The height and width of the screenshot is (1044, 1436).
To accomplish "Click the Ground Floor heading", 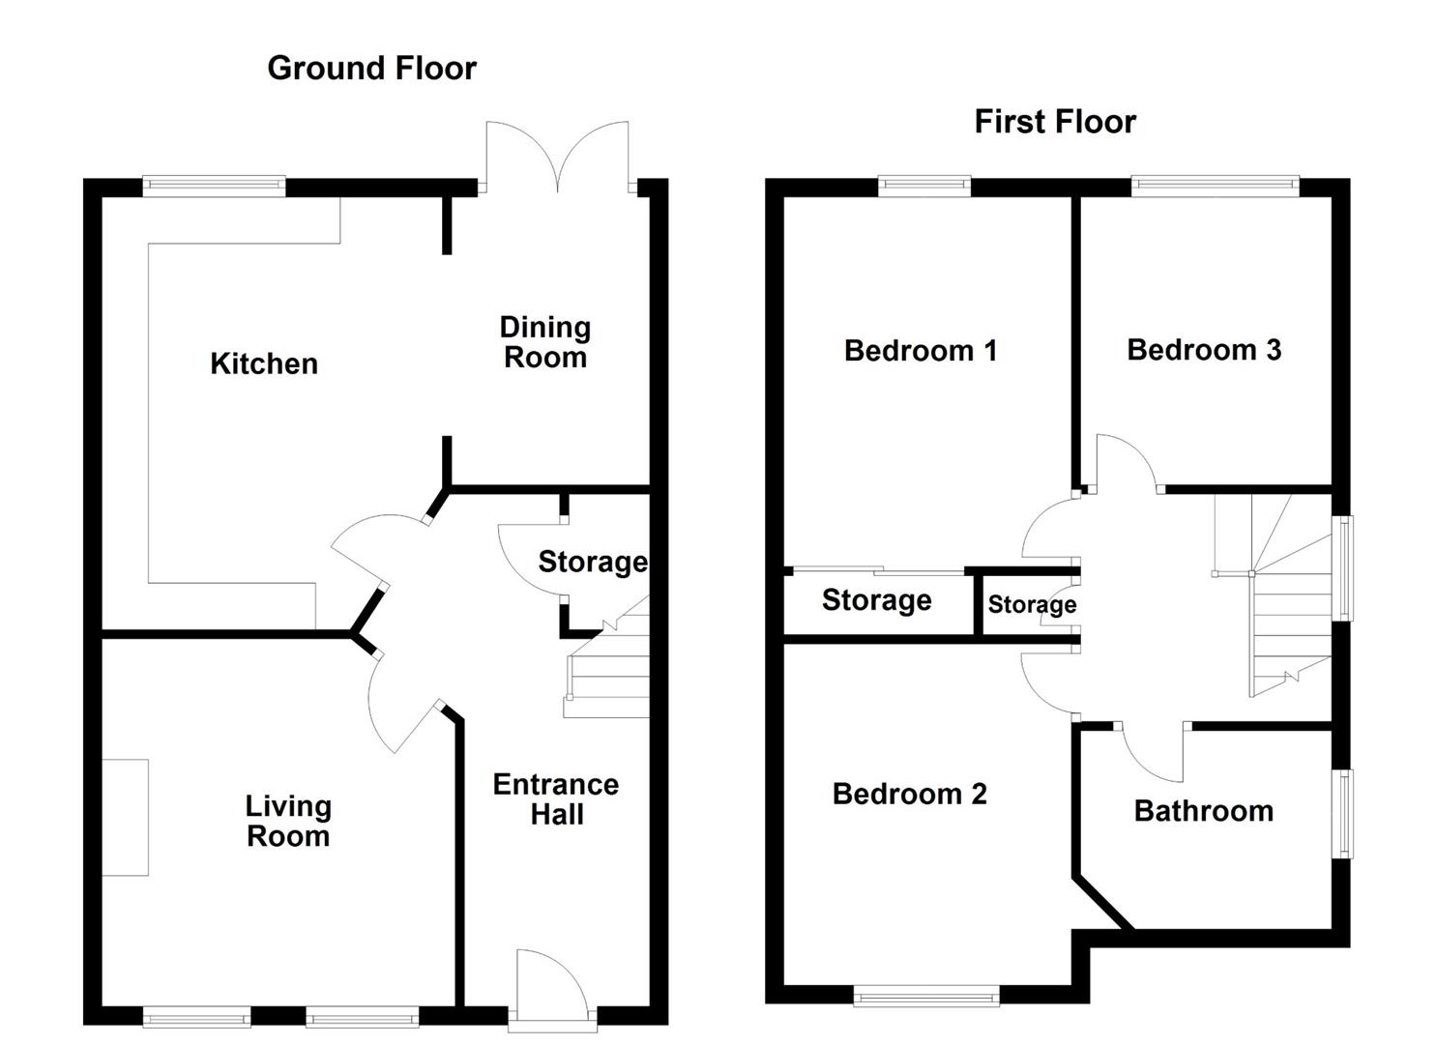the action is click(x=372, y=68).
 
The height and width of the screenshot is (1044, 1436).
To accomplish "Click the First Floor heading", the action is click(x=1055, y=122).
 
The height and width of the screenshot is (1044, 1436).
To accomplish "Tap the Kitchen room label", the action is click(x=264, y=364).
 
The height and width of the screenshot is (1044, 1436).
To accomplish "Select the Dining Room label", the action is click(x=545, y=342).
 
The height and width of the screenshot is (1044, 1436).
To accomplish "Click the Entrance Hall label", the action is click(x=556, y=799).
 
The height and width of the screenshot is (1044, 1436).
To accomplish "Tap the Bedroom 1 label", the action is click(x=921, y=351).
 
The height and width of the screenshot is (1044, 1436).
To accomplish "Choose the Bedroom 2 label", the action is click(x=910, y=794).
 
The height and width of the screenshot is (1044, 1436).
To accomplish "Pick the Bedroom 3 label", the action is click(x=1204, y=350).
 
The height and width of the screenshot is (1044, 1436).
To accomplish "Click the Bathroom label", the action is click(x=1204, y=811).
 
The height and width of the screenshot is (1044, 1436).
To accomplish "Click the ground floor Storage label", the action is click(x=593, y=562).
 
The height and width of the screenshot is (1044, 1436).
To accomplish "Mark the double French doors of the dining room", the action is click(x=558, y=157).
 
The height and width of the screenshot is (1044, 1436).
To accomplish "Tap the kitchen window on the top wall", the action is click(x=214, y=187).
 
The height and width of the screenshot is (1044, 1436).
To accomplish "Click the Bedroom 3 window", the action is click(x=1216, y=187).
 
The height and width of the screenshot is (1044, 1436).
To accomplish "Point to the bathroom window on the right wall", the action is click(x=1343, y=813).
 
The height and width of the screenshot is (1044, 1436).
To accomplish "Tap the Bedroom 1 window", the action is click(x=924, y=187).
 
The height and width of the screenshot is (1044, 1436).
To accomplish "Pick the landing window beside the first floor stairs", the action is click(x=1343, y=567).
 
